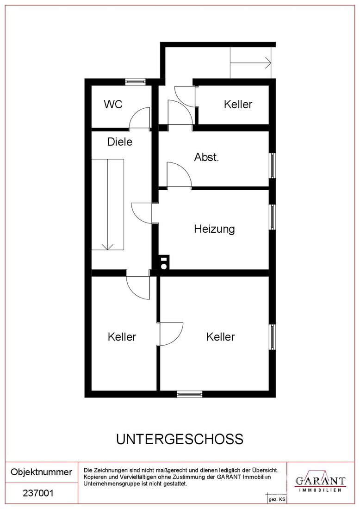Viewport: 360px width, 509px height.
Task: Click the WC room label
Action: click(x=113, y=104)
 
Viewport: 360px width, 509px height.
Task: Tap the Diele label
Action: click(x=120, y=142)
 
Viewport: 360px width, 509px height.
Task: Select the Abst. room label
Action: click(x=206, y=157)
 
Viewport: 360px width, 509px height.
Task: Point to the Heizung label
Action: click(x=214, y=229)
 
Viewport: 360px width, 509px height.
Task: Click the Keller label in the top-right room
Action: click(x=238, y=104)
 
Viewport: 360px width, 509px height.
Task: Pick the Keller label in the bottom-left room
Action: click(x=122, y=336)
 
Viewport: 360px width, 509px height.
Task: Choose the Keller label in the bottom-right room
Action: click(x=220, y=336)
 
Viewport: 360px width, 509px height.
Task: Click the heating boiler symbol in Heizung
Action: click(x=164, y=263)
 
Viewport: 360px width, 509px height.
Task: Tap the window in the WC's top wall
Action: click(x=136, y=81)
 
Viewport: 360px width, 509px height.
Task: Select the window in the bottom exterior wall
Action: click(x=190, y=394)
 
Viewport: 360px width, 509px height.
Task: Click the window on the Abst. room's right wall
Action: click(x=273, y=166)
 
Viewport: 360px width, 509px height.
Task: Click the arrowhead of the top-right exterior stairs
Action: click(x=268, y=62)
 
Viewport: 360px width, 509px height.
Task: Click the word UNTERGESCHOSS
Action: click(x=180, y=439)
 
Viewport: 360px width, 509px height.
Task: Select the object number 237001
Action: click(x=38, y=493)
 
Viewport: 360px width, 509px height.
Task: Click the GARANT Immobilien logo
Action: click(x=320, y=481)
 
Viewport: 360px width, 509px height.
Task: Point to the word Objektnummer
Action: click(x=42, y=472)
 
